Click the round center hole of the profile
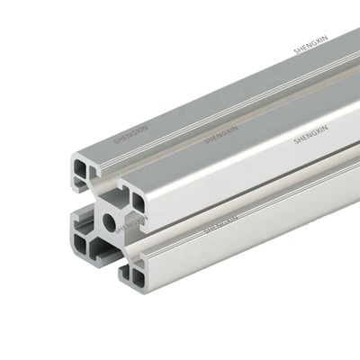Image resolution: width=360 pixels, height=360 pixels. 110,222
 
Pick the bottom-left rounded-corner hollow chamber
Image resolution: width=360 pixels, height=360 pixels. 80,243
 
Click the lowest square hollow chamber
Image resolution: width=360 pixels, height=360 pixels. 138,279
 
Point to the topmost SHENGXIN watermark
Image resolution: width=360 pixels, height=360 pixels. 311,45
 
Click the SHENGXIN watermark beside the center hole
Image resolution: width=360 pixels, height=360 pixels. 131,224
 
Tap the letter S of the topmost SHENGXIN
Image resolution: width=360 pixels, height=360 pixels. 296,51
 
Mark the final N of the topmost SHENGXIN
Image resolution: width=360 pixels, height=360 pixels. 326,38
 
